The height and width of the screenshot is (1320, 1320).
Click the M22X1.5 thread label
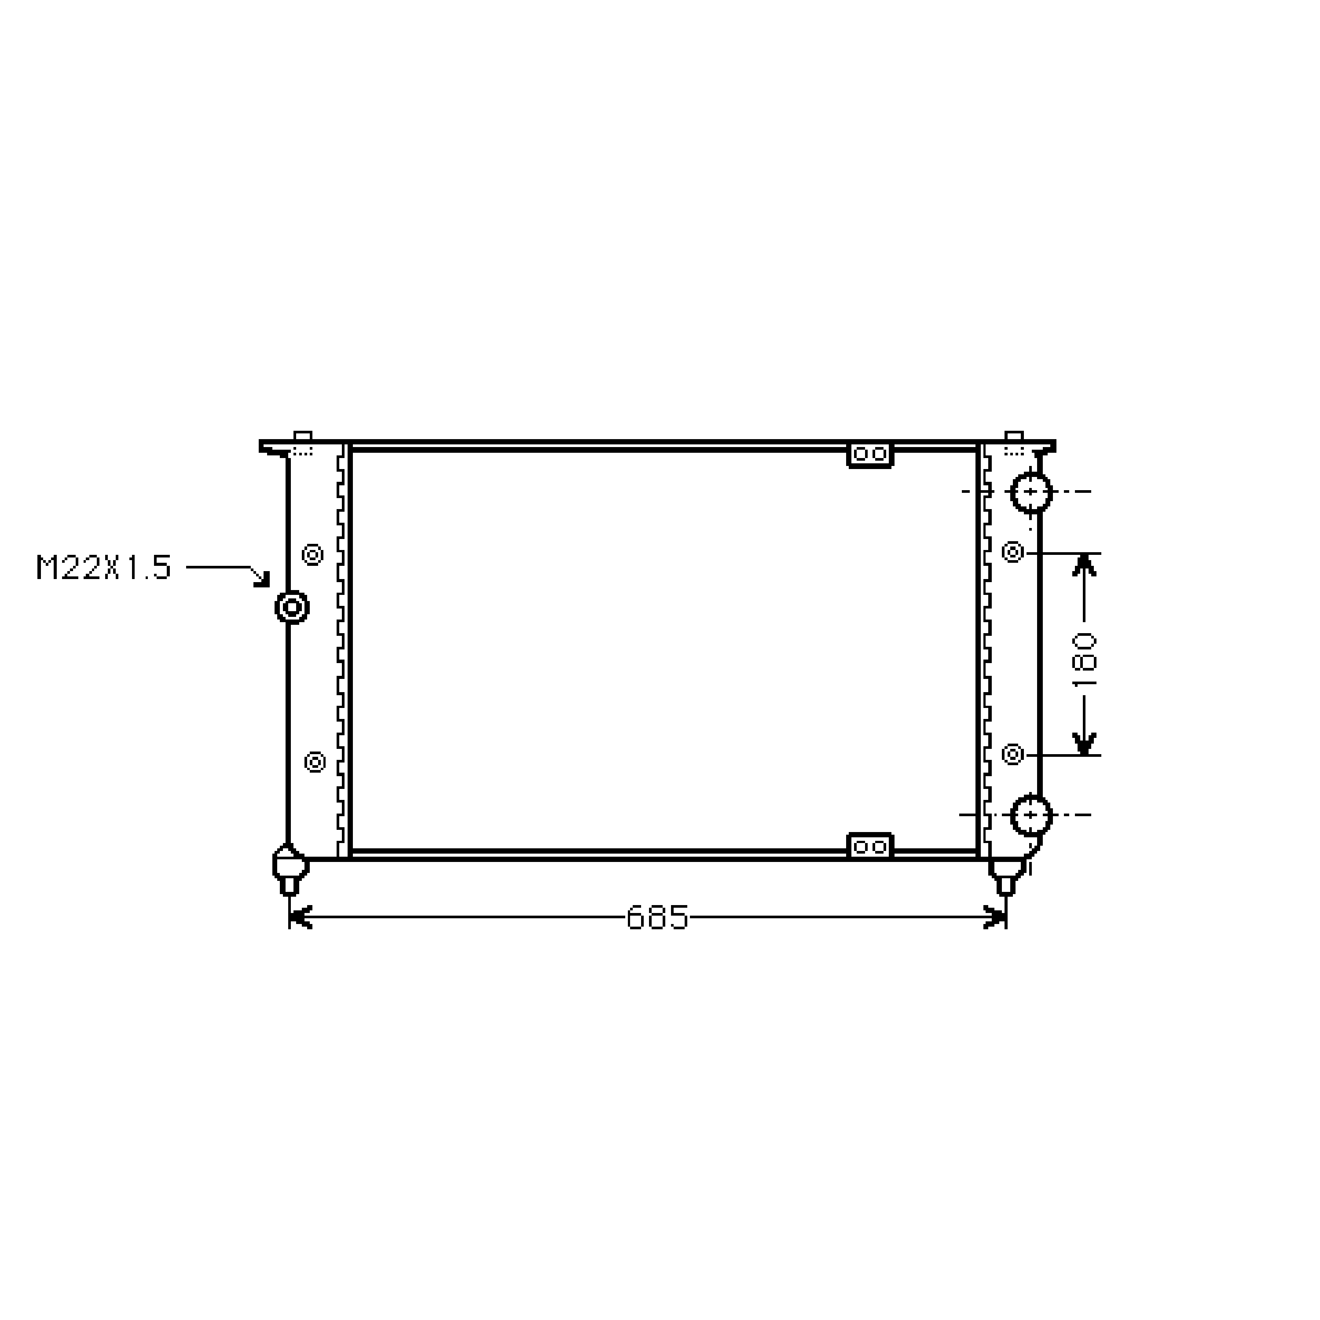pyautogui.click(x=103, y=568)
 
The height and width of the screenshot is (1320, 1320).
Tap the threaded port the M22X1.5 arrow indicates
pyautogui.click(x=292, y=607)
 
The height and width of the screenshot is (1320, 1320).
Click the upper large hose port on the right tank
pyautogui.click(x=1031, y=492)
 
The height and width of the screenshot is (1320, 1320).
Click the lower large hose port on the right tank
pyautogui.click(x=1031, y=815)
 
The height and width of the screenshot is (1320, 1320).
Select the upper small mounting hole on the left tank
pyautogui.click(x=313, y=554)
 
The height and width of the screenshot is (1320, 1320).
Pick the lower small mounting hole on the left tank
pyautogui.click(x=314, y=761)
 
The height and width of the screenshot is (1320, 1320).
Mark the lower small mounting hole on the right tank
pyautogui.click(x=1012, y=754)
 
